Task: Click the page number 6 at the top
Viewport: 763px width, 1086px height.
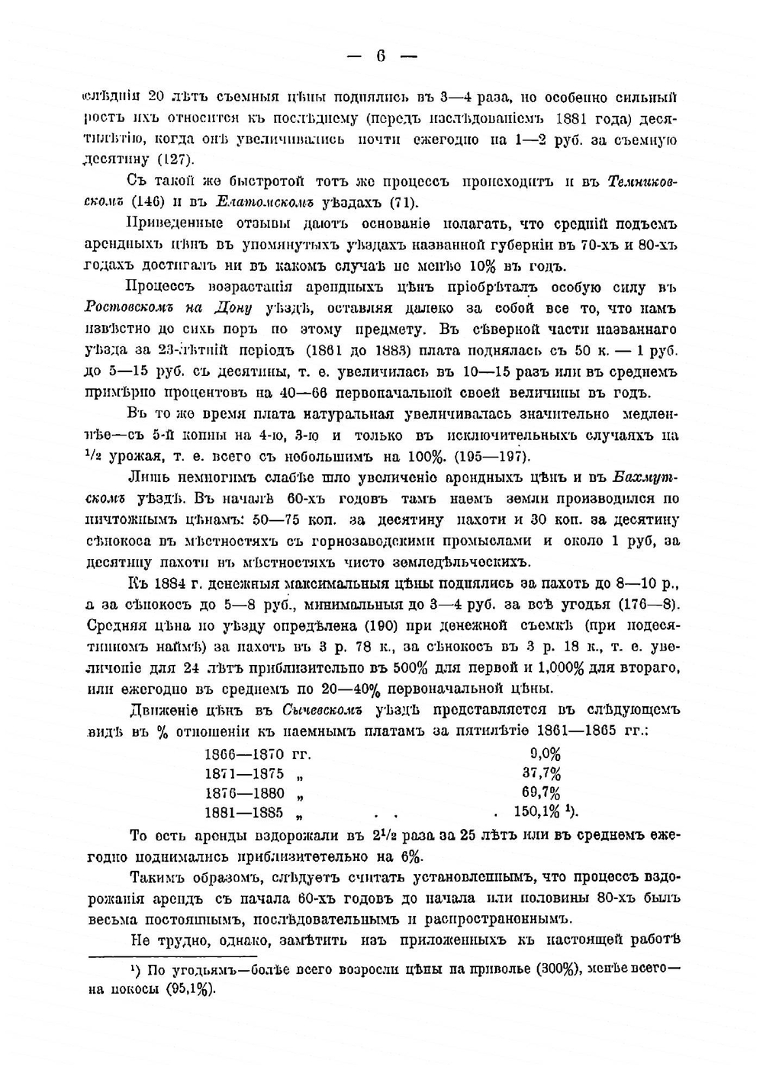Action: tap(381, 56)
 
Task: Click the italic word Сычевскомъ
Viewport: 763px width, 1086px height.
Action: tap(320, 710)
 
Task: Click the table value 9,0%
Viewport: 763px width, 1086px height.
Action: tap(545, 754)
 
